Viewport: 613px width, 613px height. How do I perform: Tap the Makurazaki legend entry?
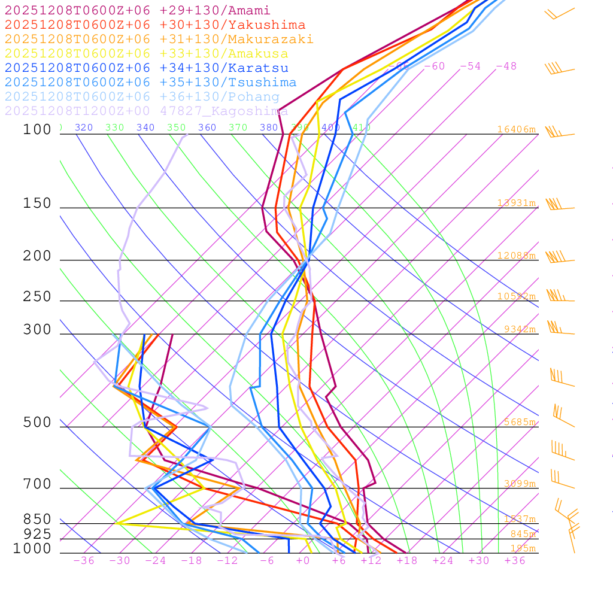coord(159,40)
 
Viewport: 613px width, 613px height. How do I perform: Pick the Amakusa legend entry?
coord(146,54)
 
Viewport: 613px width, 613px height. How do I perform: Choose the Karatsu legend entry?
coord(146,68)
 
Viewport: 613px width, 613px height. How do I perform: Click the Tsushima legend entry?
coord(150,83)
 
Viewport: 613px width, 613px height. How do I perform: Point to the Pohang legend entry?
coord(142,97)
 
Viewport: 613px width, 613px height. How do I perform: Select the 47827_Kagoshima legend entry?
coord(146,111)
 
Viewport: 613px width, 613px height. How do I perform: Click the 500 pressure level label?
coord(37,423)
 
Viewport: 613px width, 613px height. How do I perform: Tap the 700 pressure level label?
coord(37,484)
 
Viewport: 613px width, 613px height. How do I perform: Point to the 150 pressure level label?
coord(37,204)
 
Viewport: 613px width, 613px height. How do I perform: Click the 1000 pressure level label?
coord(32,548)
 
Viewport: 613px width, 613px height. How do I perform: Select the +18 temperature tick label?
coord(406,560)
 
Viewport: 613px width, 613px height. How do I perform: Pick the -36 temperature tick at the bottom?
coord(83,560)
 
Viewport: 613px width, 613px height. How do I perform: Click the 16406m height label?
coord(516,129)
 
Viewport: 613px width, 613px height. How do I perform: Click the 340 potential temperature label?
coord(145,128)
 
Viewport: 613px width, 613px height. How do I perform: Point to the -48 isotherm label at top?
coord(506,66)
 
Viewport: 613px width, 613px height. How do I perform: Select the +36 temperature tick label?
coord(514,560)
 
